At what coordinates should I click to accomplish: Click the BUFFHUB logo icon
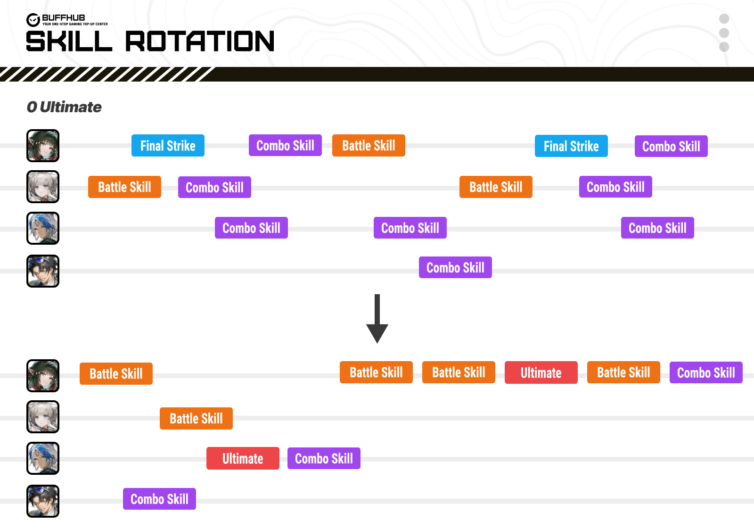pos(33,20)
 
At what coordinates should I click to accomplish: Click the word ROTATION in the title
pos(199,41)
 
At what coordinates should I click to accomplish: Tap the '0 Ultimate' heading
pos(64,107)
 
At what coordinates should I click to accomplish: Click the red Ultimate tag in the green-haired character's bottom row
pos(541,372)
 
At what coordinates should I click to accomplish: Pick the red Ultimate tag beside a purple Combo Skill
pos(243,458)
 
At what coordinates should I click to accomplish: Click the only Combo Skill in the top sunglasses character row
pos(455,267)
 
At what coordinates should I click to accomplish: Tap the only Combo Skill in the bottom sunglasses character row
pos(159,499)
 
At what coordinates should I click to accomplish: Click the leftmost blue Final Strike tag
pos(168,145)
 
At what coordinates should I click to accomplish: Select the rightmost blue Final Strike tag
pos(571,146)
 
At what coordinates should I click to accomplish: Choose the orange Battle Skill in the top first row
pos(369,145)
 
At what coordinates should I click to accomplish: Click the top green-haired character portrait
pos(43,146)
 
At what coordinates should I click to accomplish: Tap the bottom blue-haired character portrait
pos(43,458)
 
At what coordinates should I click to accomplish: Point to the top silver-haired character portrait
pos(43,187)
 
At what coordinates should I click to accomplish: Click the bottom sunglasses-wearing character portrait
pos(43,501)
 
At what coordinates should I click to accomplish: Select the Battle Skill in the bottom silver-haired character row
pos(196,418)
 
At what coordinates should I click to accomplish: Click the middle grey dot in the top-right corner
pos(724,33)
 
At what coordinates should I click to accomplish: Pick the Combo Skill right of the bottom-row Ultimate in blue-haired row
pos(324,458)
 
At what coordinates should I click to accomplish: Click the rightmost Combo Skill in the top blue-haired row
pos(657,228)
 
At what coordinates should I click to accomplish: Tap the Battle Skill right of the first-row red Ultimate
pos(623,372)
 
